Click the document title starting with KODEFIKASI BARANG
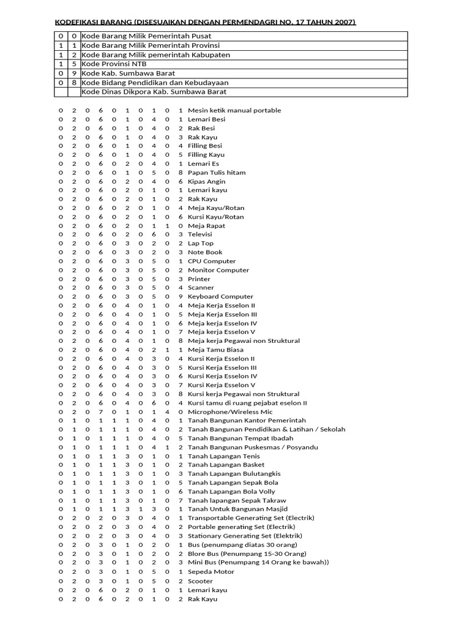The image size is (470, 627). pyautogui.click(x=205, y=23)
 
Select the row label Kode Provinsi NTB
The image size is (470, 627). pyautogui.click(x=114, y=64)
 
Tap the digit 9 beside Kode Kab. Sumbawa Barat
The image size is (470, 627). pyautogui.click(x=74, y=73)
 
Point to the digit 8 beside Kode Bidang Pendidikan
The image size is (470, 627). pyautogui.click(x=74, y=82)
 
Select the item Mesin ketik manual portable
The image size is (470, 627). pyautogui.click(x=234, y=110)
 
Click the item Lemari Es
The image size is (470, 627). pyautogui.click(x=203, y=163)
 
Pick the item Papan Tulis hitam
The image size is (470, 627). pyautogui.click(x=217, y=173)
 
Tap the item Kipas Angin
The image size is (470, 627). pyautogui.click(x=206, y=181)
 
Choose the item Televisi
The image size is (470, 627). pyautogui.click(x=200, y=235)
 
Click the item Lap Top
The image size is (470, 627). pyautogui.click(x=201, y=243)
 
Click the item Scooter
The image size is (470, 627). pyautogui.click(x=200, y=581)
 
